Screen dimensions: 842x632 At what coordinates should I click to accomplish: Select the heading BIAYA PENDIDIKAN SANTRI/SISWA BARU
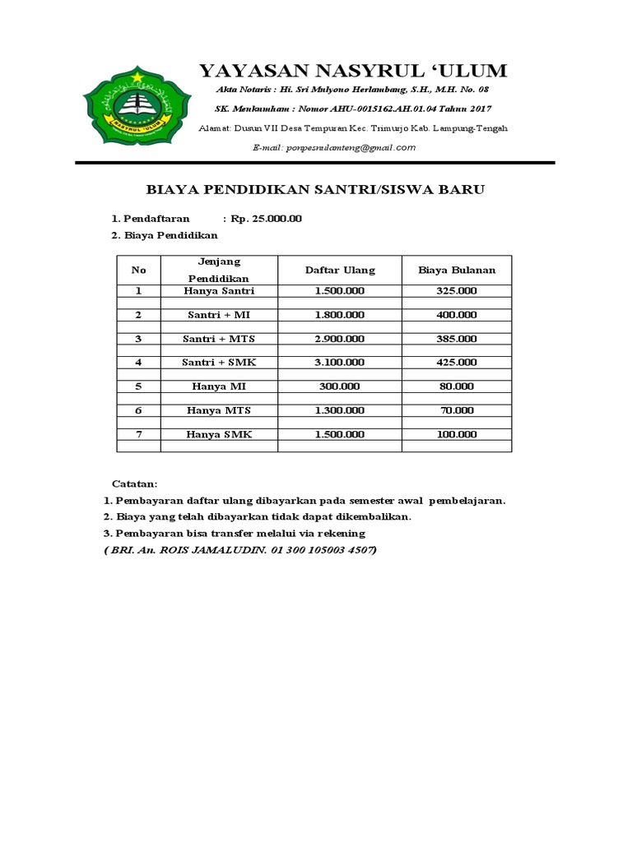point(315,190)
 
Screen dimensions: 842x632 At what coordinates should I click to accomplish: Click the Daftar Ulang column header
point(340,270)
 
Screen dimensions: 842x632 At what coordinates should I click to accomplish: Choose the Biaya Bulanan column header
point(457,270)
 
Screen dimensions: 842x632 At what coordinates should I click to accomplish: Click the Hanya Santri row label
point(219,291)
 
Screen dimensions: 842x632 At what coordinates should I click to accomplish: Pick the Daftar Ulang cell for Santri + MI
point(340,315)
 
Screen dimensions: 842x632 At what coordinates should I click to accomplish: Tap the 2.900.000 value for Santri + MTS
point(340,339)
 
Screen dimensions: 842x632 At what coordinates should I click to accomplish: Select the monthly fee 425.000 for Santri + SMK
point(457,362)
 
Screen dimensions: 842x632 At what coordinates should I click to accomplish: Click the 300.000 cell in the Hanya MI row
point(340,386)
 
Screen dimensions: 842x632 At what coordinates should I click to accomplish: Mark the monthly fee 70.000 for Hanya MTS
point(457,409)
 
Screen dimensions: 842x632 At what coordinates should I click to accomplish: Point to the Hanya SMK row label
point(219,434)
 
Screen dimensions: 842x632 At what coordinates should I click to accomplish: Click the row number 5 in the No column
point(138,386)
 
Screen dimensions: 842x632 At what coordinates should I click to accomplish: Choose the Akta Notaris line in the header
point(352,89)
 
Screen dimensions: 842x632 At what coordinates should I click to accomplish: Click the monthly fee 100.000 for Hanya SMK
point(457,434)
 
